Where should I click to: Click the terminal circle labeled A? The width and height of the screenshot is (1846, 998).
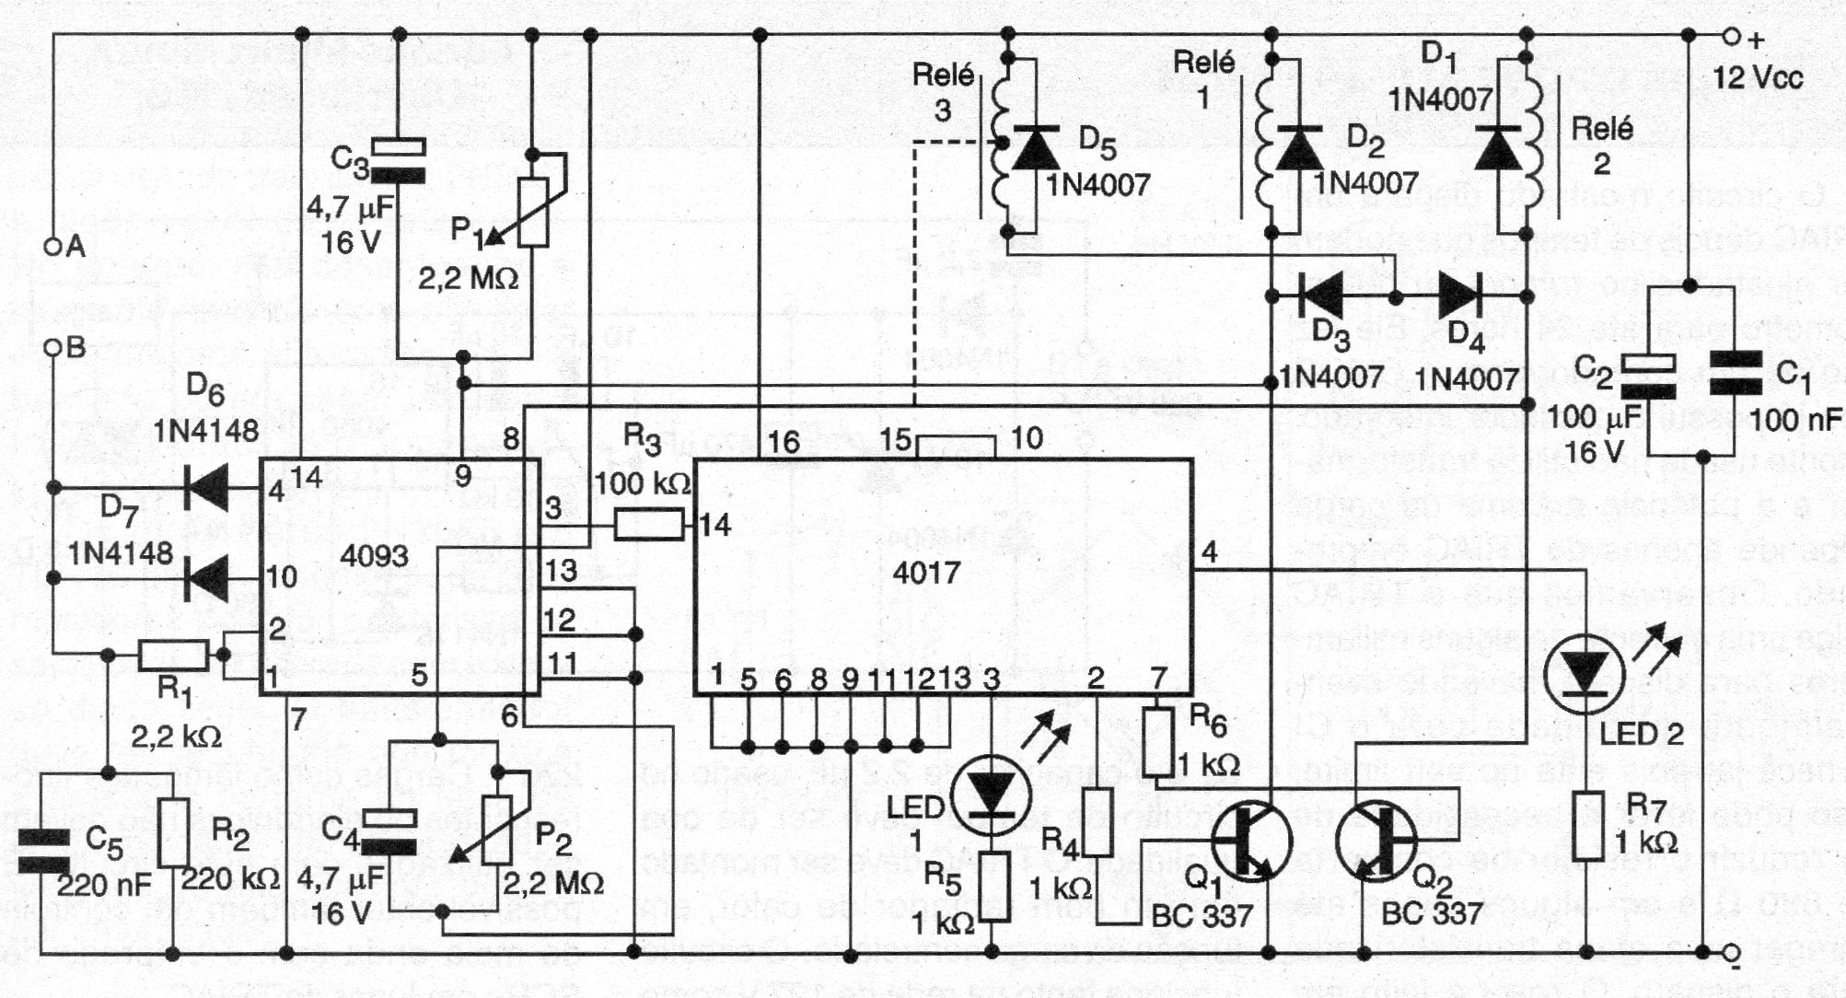point(52,246)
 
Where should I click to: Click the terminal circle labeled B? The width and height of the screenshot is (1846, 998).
point(52,348)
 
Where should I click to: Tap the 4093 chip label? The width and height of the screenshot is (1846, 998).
point(374,555)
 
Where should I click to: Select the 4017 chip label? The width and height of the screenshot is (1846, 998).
point(926,573)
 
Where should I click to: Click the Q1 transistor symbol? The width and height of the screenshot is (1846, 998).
point(1250,841)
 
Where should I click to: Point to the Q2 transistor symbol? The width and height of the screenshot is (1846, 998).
point(1377,841)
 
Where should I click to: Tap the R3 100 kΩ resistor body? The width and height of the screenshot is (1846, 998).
point(648,526)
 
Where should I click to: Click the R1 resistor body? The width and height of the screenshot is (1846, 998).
point(173,656)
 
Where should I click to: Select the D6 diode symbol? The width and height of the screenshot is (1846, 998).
point(207,489)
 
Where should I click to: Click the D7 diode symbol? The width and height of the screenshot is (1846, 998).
point(207,579)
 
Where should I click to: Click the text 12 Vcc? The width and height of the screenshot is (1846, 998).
point(1757,77)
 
